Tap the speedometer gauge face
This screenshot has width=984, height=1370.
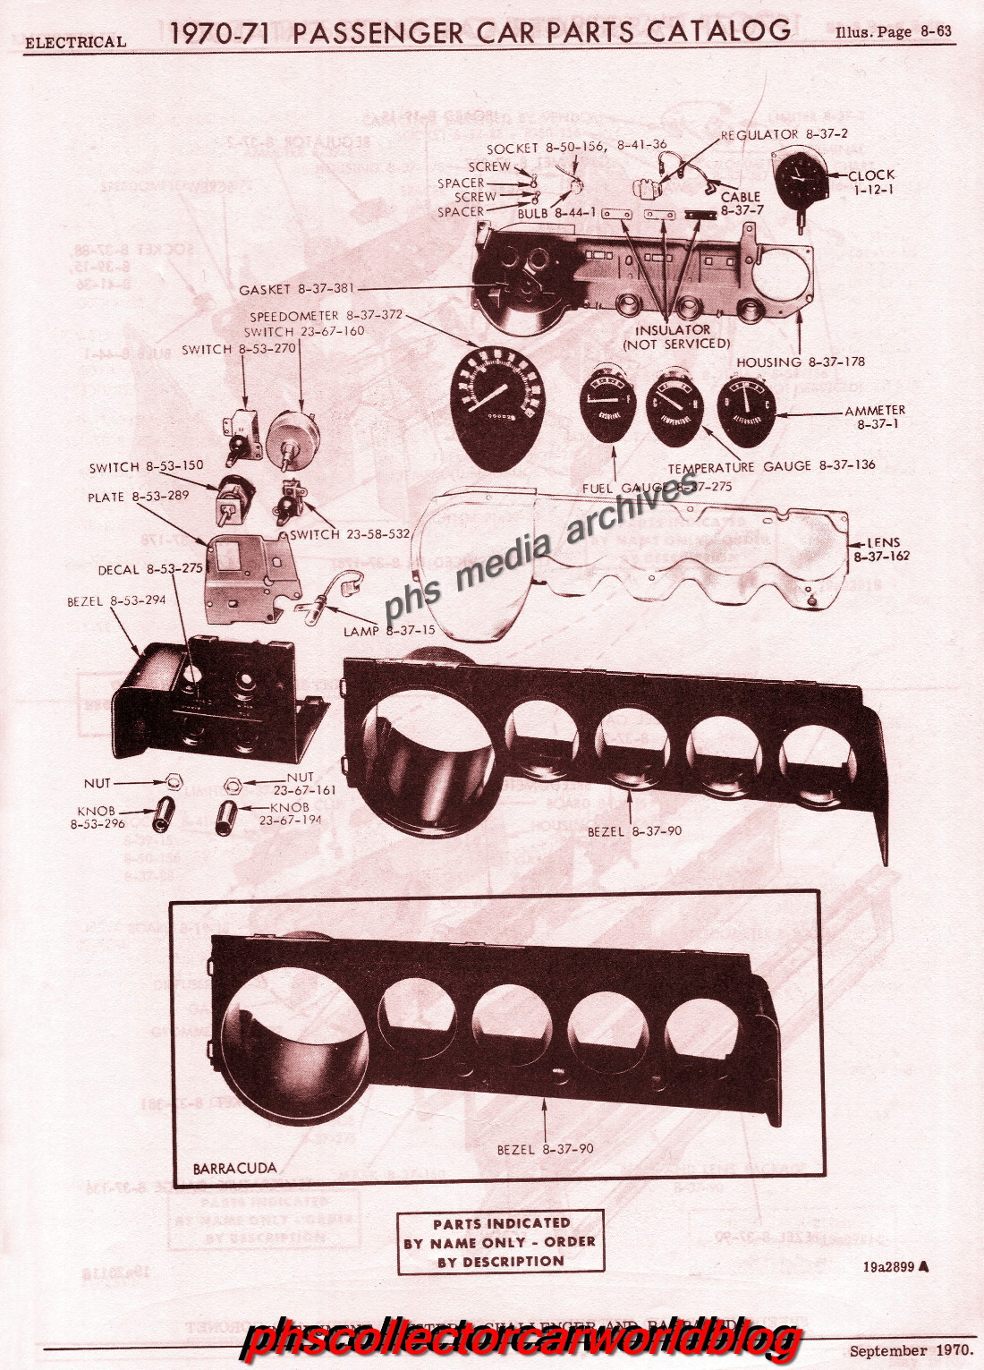(x=497, y=406)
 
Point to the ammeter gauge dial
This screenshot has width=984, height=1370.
(x=747, y=411)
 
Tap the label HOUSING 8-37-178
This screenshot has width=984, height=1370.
(x=800, y=362)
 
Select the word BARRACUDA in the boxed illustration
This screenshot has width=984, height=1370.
(x=234, y=1169)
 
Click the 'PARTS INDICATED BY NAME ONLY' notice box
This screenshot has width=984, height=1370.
(x=500, y=1242)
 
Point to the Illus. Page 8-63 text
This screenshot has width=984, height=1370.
(x=893, y=32)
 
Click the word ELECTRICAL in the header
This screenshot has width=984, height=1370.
(x=75, y=42)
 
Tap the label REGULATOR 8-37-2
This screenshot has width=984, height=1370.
(x=784, y=134)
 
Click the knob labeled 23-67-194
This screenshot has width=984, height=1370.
(x=226, y=817)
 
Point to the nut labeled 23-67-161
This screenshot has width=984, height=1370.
(x=232, y=786)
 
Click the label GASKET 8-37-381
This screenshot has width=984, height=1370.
(x=296, y=289)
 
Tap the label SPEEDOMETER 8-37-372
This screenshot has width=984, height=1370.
(x=326, y=316)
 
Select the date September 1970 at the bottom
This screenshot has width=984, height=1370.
(x=911, y=1350)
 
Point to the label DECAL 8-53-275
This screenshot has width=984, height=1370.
(x=150, y=569)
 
